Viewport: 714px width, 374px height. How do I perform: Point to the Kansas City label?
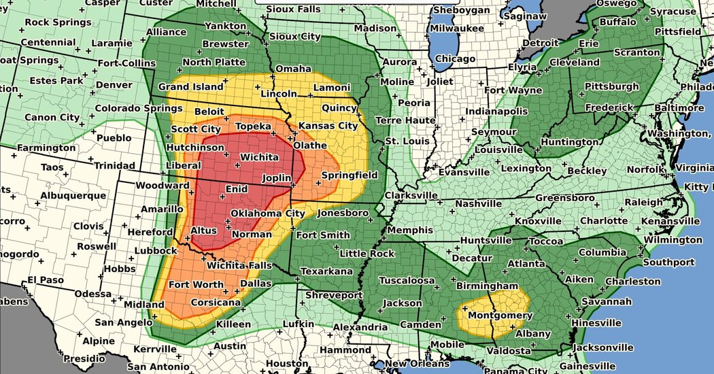click(x=328, y=126)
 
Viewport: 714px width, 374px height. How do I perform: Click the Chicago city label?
click(x=455, y=58)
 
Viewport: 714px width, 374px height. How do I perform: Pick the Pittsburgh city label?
click(x=611, y=86)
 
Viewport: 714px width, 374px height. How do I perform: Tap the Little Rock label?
click(x=367, y=253)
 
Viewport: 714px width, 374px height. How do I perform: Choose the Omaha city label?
click(x=293, y=69)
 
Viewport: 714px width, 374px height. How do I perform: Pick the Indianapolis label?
click(x=496, y=111)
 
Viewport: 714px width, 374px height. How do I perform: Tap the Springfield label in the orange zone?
click(x=350, y=175)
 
